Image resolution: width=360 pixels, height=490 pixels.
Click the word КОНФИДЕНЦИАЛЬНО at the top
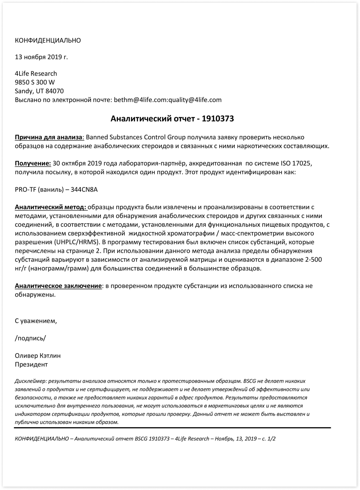(x=48, y=40)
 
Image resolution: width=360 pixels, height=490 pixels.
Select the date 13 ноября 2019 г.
(x=41, y=57)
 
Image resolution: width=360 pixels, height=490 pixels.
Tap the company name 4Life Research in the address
(x=36, y=73)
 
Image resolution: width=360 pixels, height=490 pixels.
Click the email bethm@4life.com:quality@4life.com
(x=168, y=100)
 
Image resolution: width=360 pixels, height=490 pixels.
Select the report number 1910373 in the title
(x=218, y=119)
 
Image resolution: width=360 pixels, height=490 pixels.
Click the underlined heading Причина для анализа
(x=49, y=137)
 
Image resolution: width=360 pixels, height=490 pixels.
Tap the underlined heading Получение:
(x=33, y=163)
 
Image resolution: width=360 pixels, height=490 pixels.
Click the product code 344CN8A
(x=84, y=189)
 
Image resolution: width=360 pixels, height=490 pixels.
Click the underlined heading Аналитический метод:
(x=51, y=207)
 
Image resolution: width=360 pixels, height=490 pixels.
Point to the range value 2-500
(x=313, y=260)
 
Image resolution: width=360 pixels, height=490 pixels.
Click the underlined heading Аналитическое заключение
(x=58, y=286)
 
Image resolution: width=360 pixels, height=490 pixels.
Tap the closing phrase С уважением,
(x=36, y=321)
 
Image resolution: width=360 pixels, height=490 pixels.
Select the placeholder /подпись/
(x=30, y=338)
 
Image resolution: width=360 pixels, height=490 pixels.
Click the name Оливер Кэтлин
(x=38, y=356)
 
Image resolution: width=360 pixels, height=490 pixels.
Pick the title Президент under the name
(x=31, y=364)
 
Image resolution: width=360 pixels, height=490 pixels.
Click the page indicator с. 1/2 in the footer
(x=268, y=439)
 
